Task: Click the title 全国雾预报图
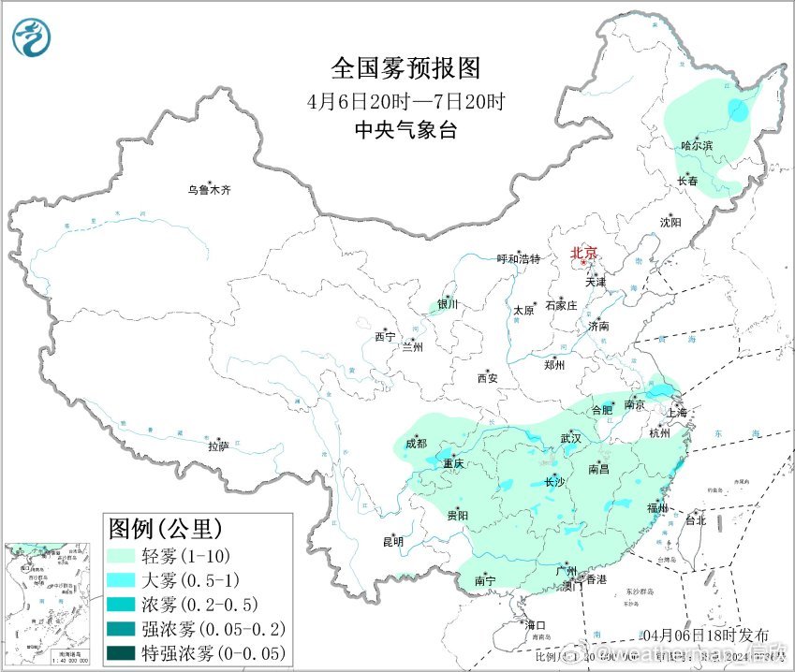pyautogui.click(x=405, y=68)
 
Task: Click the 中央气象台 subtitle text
pyautogui.click(x=405, y=130)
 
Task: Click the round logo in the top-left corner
pyautogui.click(x=33, y=37)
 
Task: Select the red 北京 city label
pyautogui.click(x=586, y=253)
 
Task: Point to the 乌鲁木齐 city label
pyautogui.click(x=208, y=190)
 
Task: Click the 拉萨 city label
pyautogui.click(x=218, y=446)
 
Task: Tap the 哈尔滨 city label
pyautogui.click(x=697, y=145)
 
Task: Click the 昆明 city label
pyautogui.click(x=392, y=541)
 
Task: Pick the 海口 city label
pyautogui.click(x=535, y=624)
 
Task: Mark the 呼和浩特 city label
pyautogui.click(x=518, y=259)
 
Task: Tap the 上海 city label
pyautogui.click(x=675, y=412)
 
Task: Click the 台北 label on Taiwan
pyautogui.click(x=696, y=519)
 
